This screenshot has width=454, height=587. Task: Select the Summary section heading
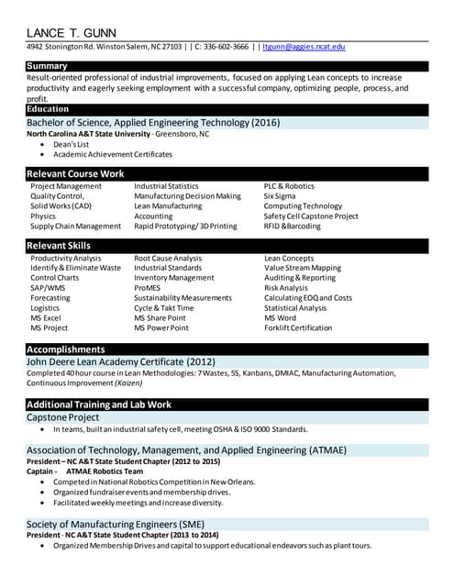coord(47,66)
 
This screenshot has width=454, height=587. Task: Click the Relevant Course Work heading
coord(75,173)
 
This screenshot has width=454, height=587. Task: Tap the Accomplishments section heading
coord(66,349)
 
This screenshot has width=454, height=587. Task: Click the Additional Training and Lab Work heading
coord(99,404)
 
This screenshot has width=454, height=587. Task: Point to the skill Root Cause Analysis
coord(168,259)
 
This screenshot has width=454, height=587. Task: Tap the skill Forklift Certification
coord(298,327)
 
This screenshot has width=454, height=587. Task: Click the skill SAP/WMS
coord(48,288)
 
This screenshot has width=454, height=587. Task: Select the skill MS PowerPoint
coord(161,327)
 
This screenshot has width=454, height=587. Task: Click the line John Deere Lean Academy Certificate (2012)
coord(120,362)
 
